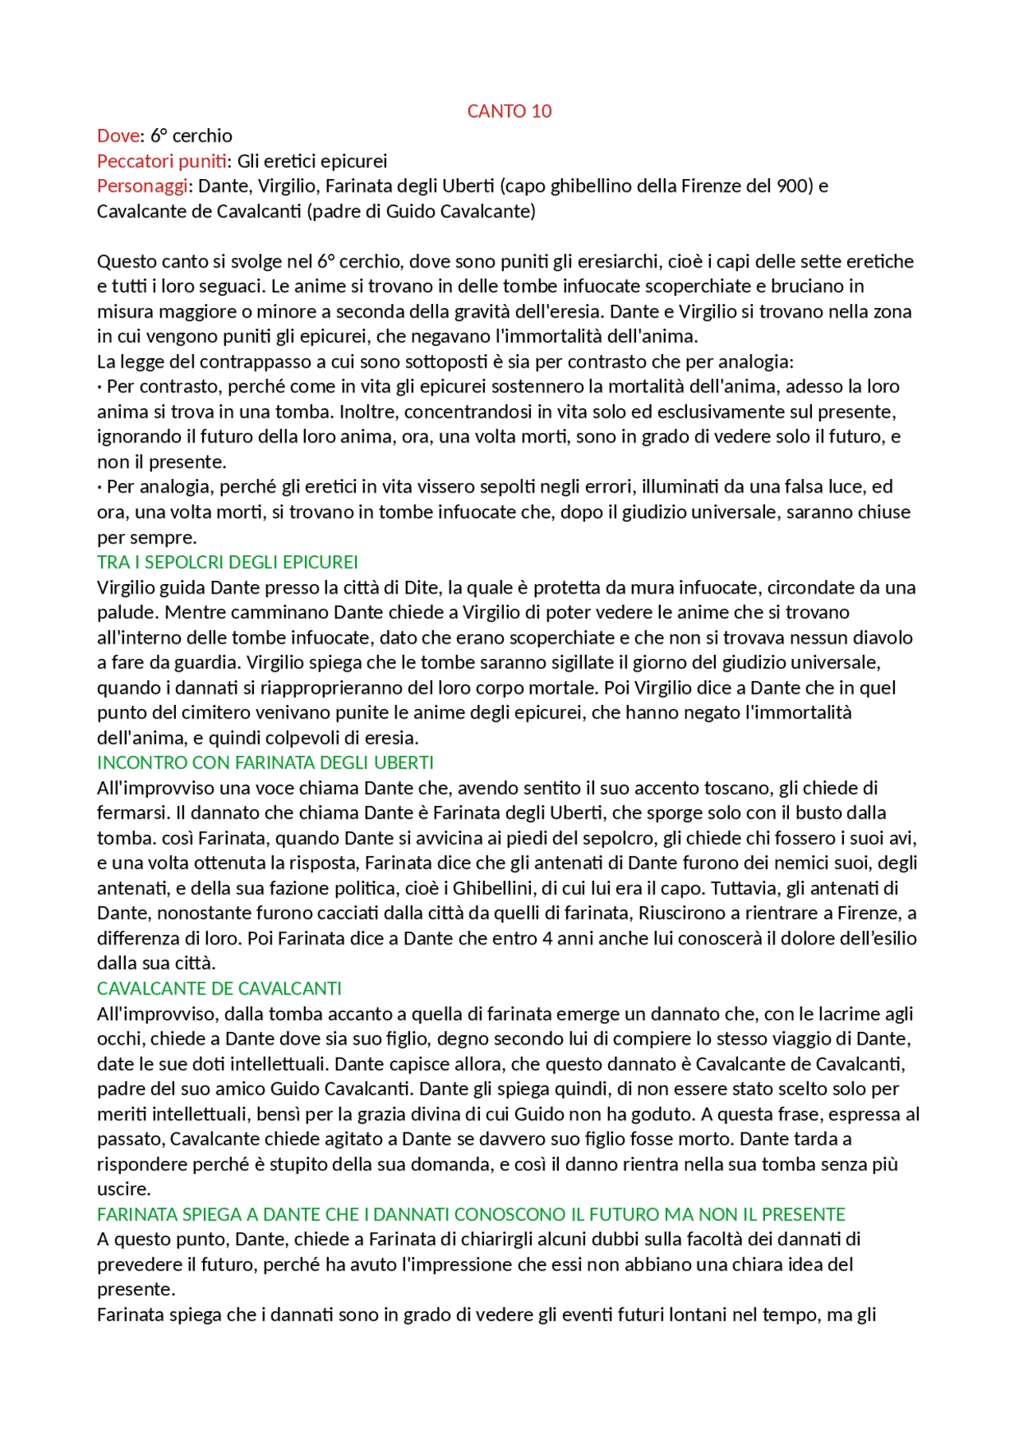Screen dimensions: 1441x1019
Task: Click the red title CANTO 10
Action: pyautogui.click(x=509, y=111)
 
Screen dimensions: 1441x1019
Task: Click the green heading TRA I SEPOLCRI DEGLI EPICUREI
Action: pyautogui.click(x=227, y=563)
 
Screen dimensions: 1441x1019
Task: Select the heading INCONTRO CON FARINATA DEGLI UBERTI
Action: pyautogui.click(x=265, y=763)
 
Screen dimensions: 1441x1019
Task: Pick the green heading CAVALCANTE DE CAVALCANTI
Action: pyautogui.click(x=219, y=989)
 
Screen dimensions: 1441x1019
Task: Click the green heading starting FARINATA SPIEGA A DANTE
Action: pyautogui.click(x=470, y=1214)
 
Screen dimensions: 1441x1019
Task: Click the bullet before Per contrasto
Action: pyautogui.click(x=100, y=388)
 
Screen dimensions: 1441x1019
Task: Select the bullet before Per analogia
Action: pyautogui.click(x=100, y=488)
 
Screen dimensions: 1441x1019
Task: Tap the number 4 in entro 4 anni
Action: pyautogui.click(x=547, y=939)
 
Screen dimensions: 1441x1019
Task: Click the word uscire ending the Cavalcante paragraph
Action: pyautogui.click(x=123, y=1190)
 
